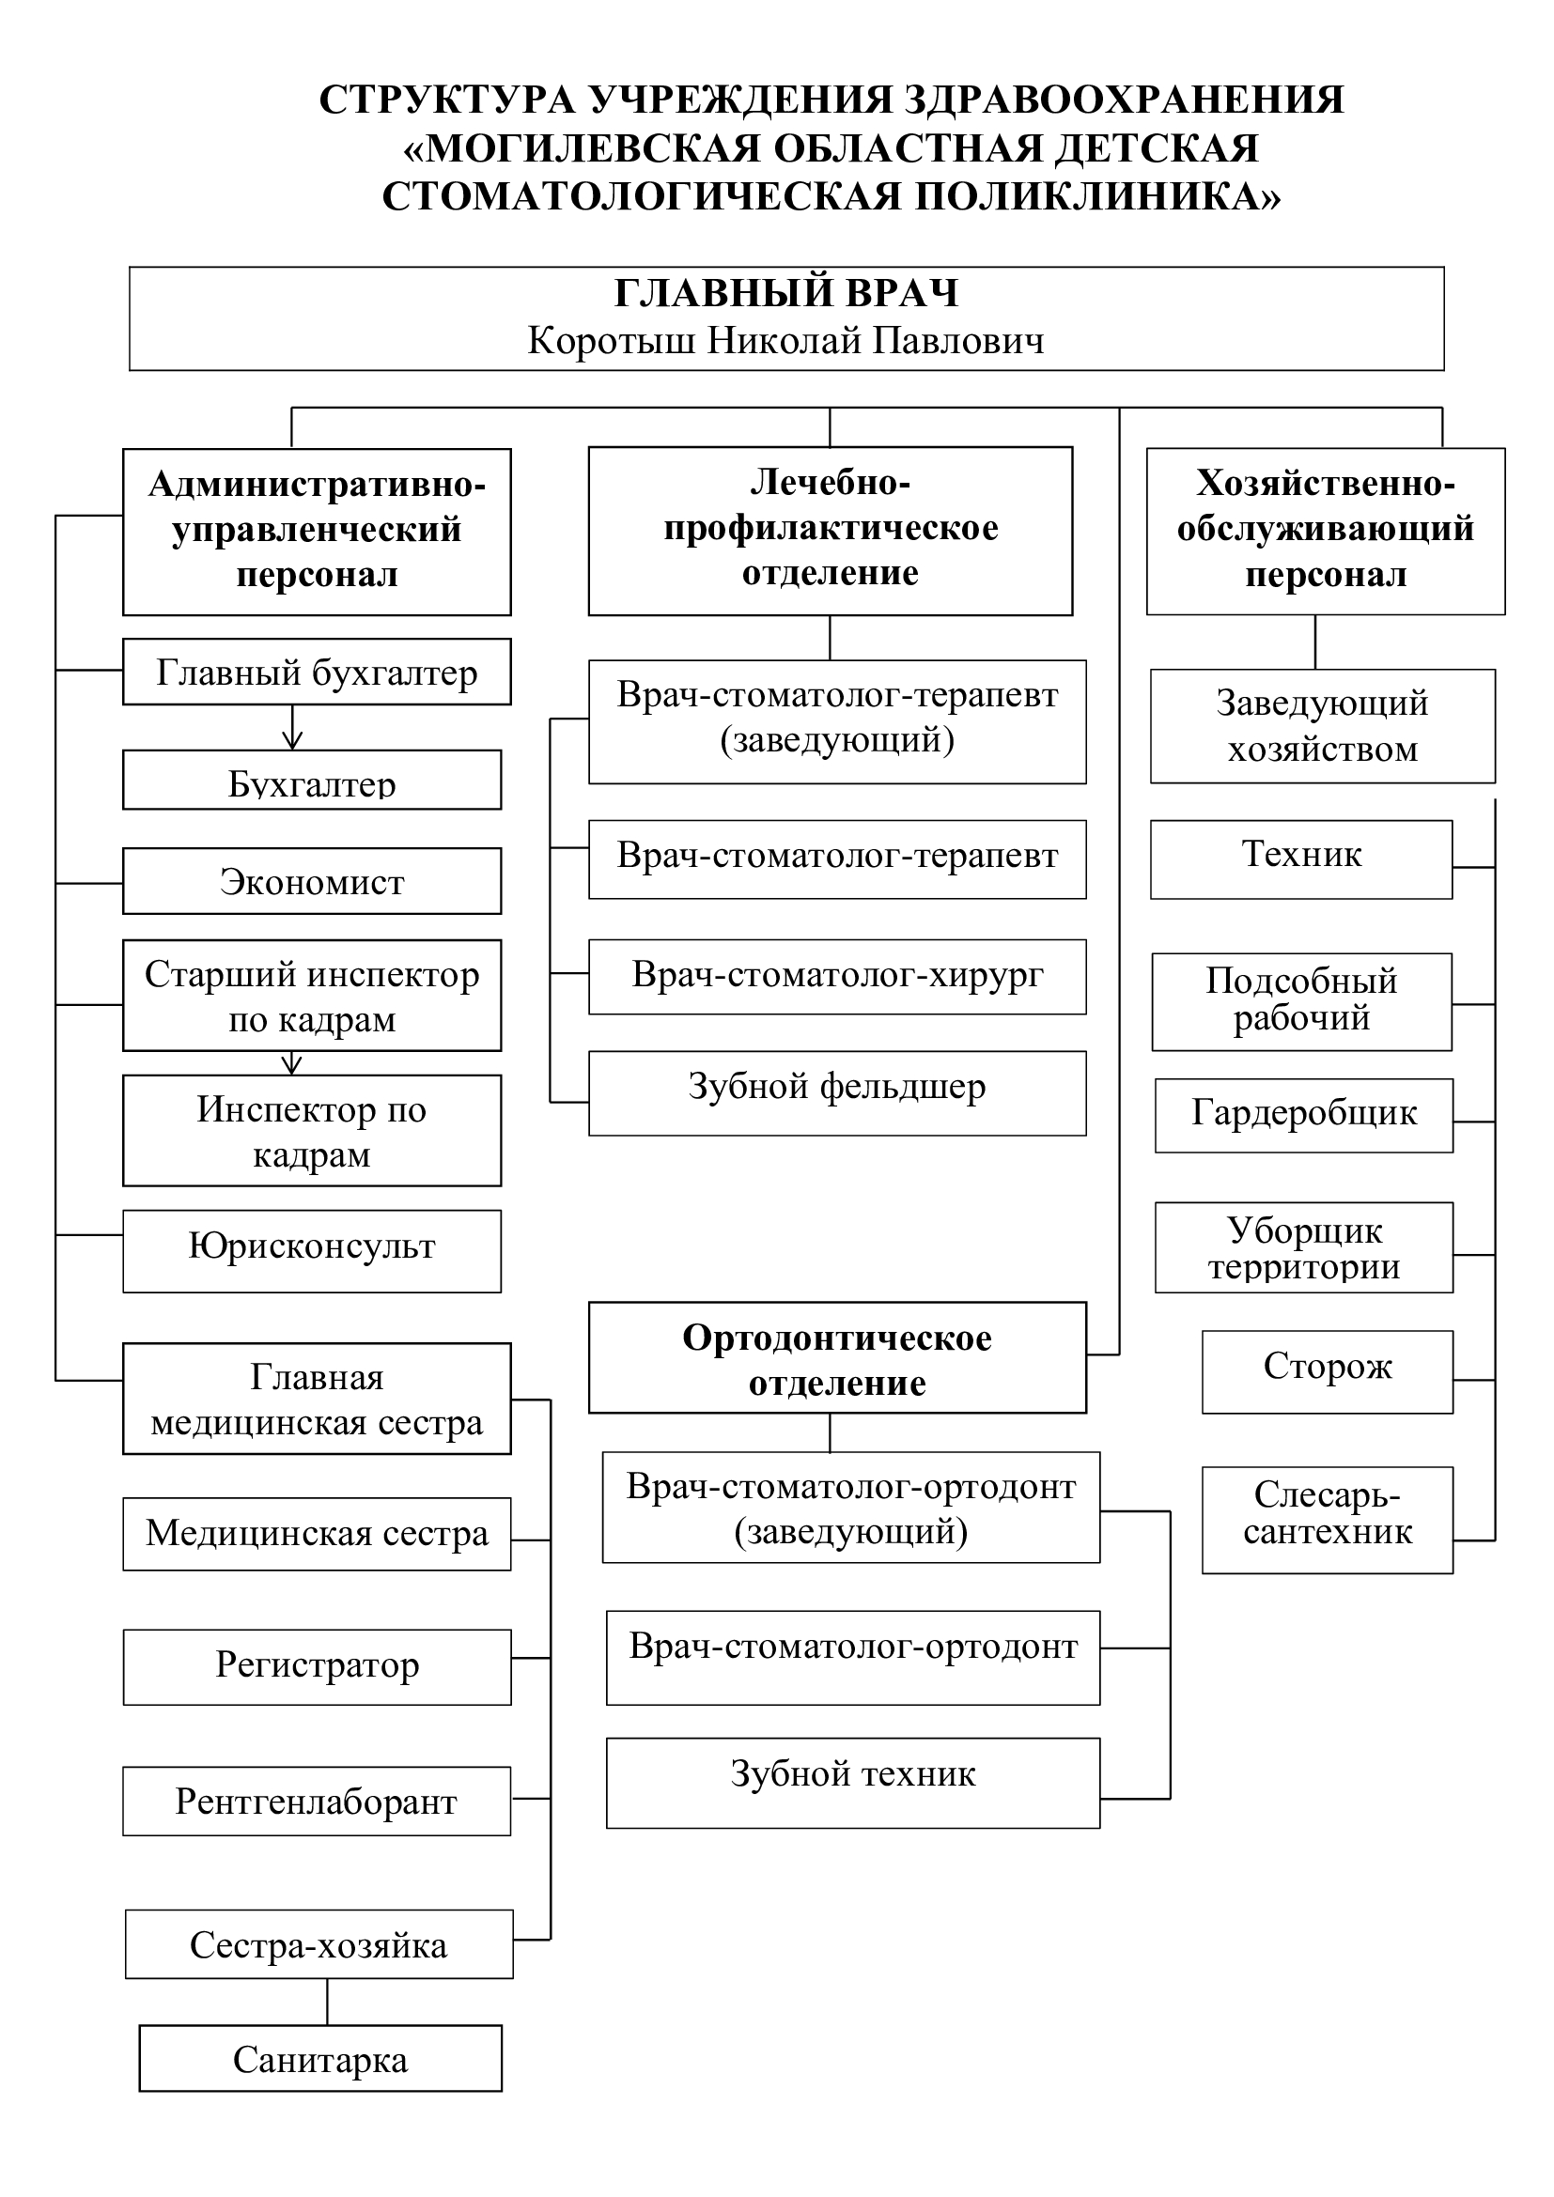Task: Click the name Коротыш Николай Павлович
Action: pos(785,341)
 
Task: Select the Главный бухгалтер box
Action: pos(317,672)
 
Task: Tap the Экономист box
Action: pos(312,881)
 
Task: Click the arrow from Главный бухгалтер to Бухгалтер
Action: pos(293,727)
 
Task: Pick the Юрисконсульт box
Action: pos(312,1251)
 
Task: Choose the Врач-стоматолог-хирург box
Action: pos(837,977)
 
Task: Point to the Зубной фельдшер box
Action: pos(837,1093)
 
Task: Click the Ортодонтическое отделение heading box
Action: pos(837,1358)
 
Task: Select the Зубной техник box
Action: pos(853,1784)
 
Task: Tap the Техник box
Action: pos(1301,859)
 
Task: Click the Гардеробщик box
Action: pos(1304,1116)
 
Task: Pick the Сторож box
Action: pos(1329,1372)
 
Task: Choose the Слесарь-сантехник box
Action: pos(1329,1521)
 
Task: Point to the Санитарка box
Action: pos(320,2058)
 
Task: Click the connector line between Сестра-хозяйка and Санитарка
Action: pos(327,2002)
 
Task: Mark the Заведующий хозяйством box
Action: pos(1323,726)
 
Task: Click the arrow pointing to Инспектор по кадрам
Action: pos(293,1063)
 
